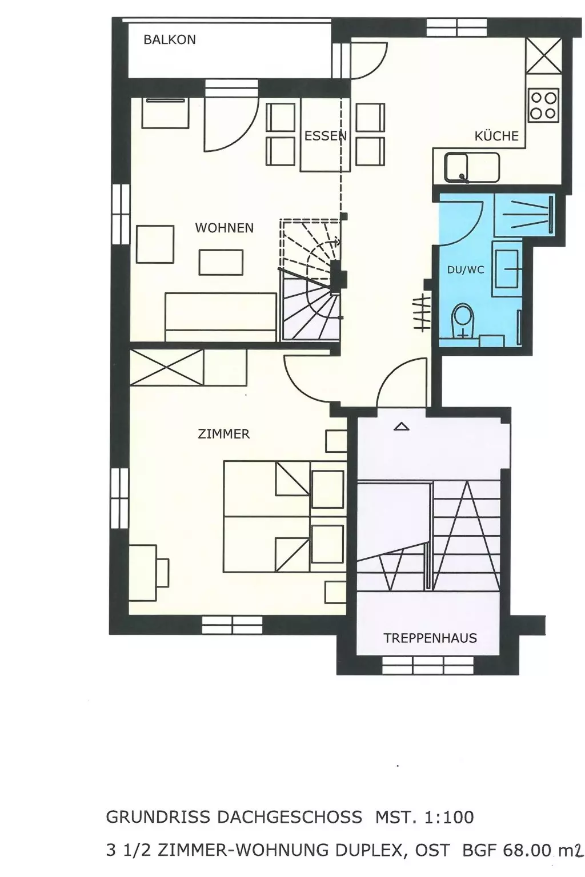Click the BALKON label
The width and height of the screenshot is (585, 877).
(169, 39)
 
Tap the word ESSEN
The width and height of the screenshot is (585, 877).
(326, 136)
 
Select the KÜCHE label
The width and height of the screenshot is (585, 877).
(496, 136)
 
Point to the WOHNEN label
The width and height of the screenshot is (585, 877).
(224, 227)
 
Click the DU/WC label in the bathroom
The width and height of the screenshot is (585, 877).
(466, 269)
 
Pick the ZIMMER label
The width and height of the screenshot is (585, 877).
(223, 434)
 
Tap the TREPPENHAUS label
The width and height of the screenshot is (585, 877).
(430, 638)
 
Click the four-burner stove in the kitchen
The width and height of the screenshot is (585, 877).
(543, 104)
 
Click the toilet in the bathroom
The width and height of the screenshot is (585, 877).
(463, 320)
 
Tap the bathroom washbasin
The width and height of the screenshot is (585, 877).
(507, 268)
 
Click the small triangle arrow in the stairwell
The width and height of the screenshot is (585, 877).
(401, 427)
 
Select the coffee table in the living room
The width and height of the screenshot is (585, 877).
(221, 262)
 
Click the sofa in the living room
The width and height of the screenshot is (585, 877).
(221, 317)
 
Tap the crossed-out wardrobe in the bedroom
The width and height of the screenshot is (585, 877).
(167, 367)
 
